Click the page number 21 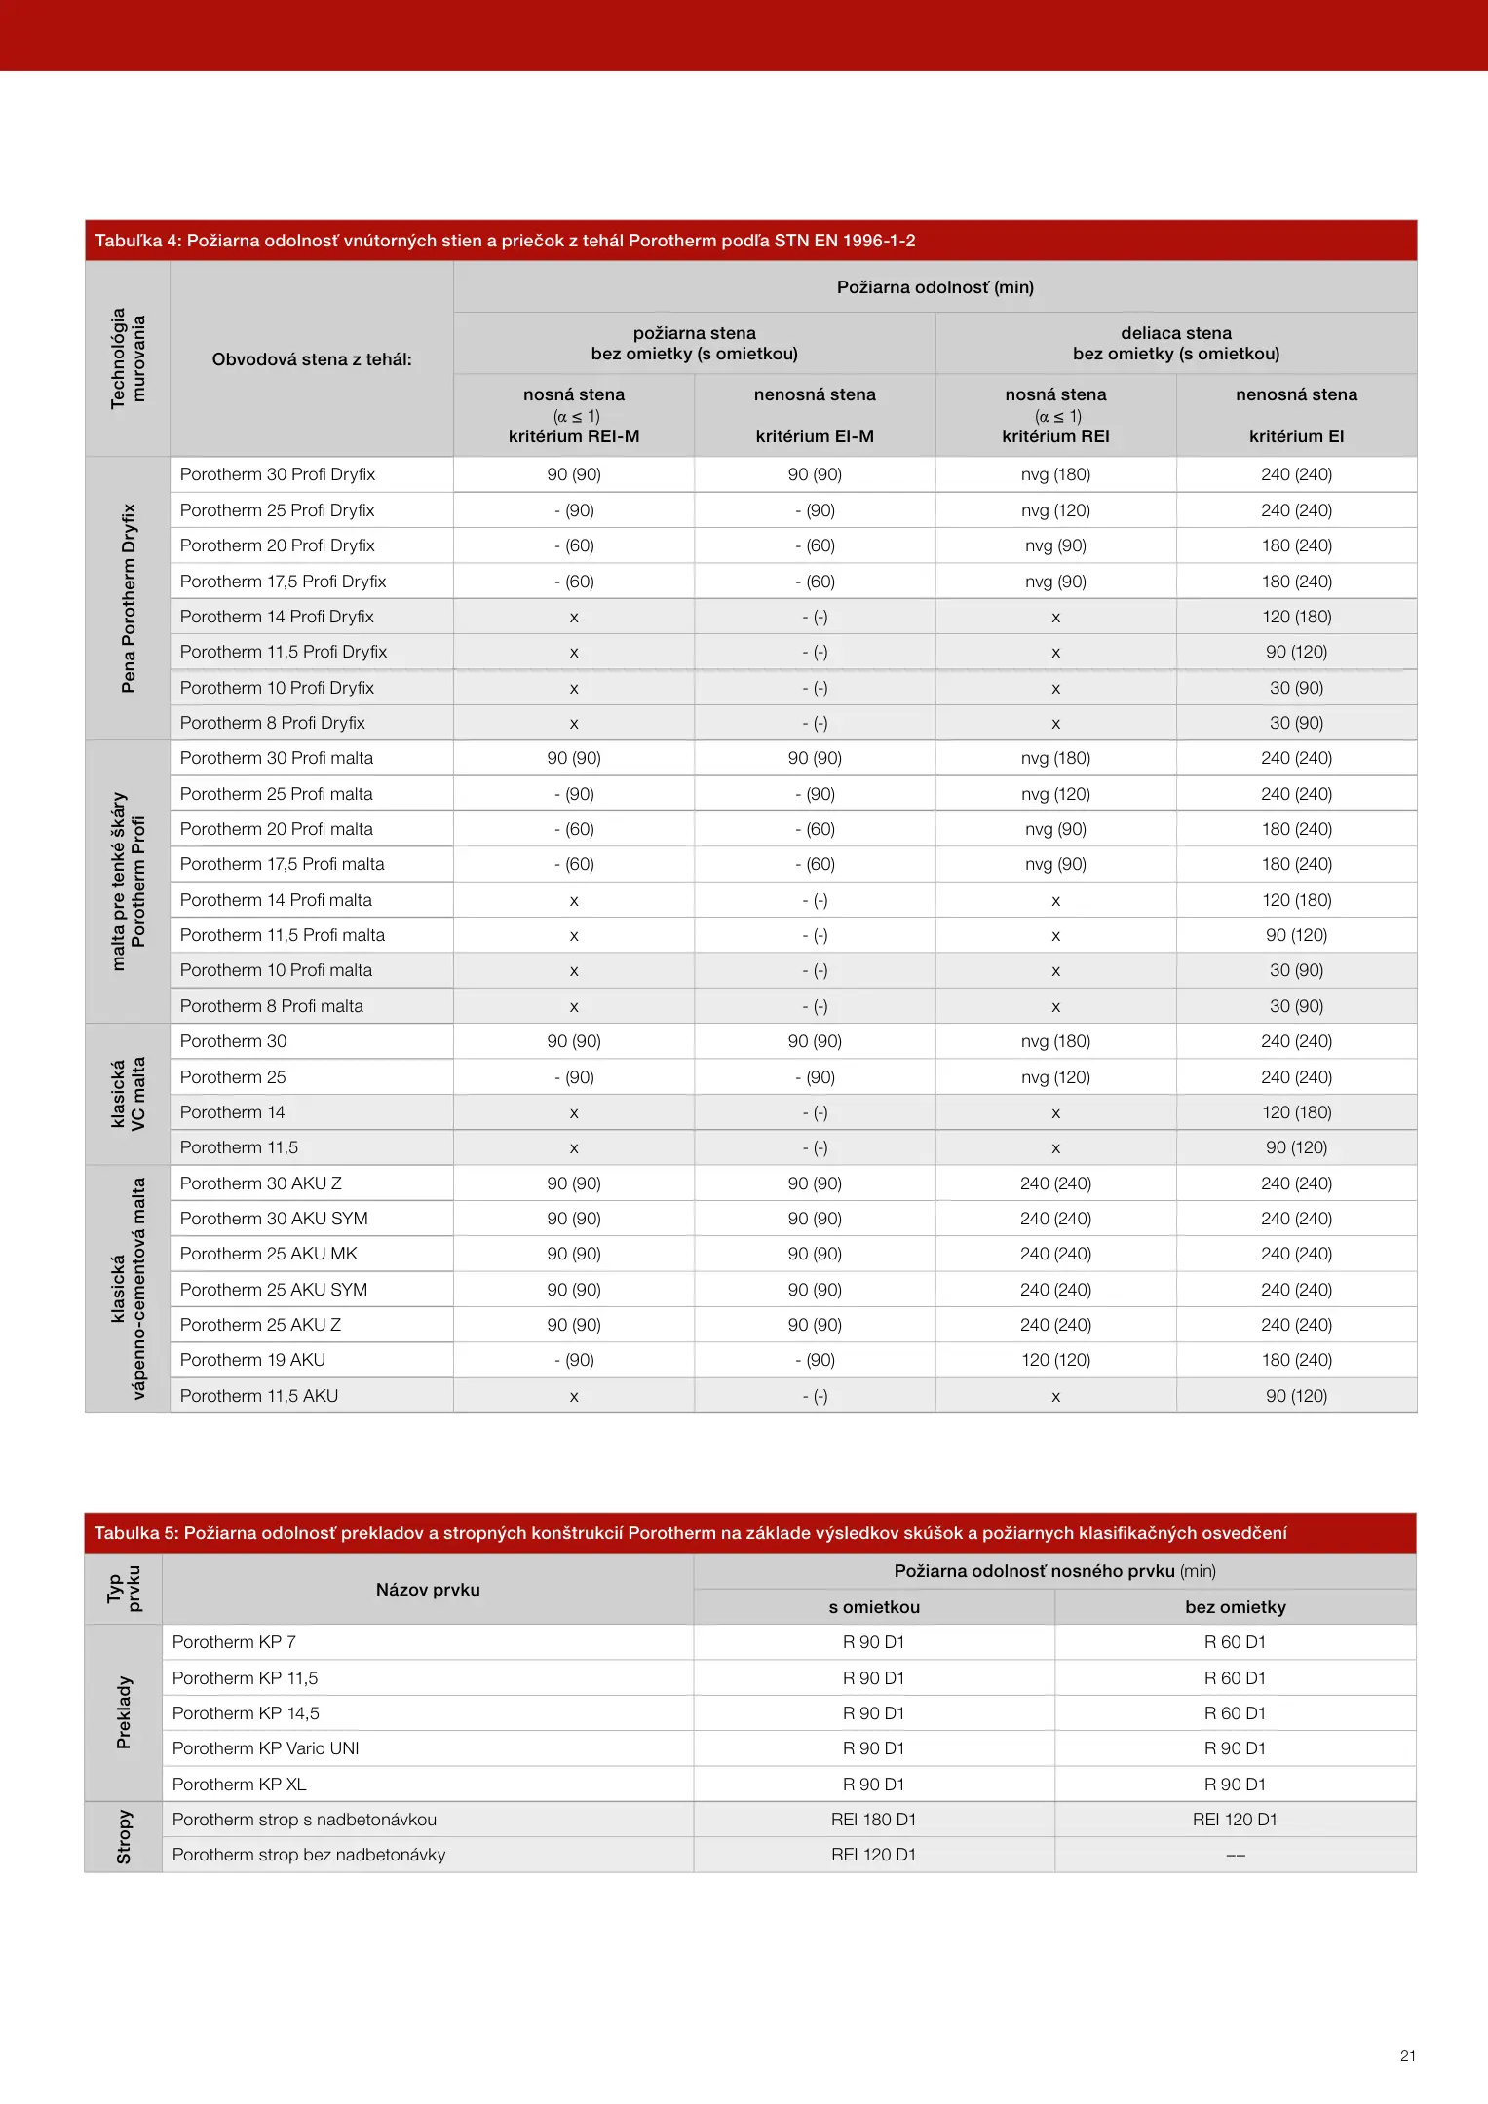point(1407,2055)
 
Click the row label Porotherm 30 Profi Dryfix point(278,474)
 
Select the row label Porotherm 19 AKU point(252,1360)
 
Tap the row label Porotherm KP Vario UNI point(265,1748)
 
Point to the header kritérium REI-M point(574,436)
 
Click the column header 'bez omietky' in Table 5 point(1235,1607)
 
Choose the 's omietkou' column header point(874,1607)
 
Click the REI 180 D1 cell point(873,1820)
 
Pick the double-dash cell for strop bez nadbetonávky point(1235,1855)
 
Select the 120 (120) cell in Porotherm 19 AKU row point(1055,1360)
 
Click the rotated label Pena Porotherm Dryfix point(129,598)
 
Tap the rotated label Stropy point(124,1837)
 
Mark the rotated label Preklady point(124,1712)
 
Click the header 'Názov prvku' point(428,1590)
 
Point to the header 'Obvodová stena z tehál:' point(312,359)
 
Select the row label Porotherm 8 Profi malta point(271,1006)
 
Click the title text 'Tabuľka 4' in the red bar point(135,241)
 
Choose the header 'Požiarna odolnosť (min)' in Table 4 point(935,287)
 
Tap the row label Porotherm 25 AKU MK point(268,1254)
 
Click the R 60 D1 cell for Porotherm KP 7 point(1235,1642)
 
